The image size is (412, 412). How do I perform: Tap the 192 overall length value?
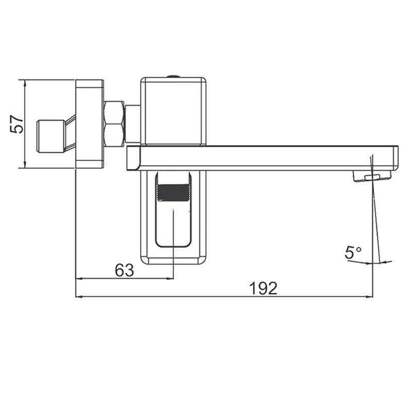click(x=264, y=288)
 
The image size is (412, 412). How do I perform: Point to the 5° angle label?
click(x=353, y=253)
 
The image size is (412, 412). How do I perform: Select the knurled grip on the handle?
click(x=174, y=194)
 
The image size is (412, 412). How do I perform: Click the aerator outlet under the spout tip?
click(x=371, y=177)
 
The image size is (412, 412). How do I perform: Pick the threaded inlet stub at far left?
click(x=50, y=135)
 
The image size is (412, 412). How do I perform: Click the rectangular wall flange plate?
click(x=90, y=124)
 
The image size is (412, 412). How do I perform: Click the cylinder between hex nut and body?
click(x=133, y=124)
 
